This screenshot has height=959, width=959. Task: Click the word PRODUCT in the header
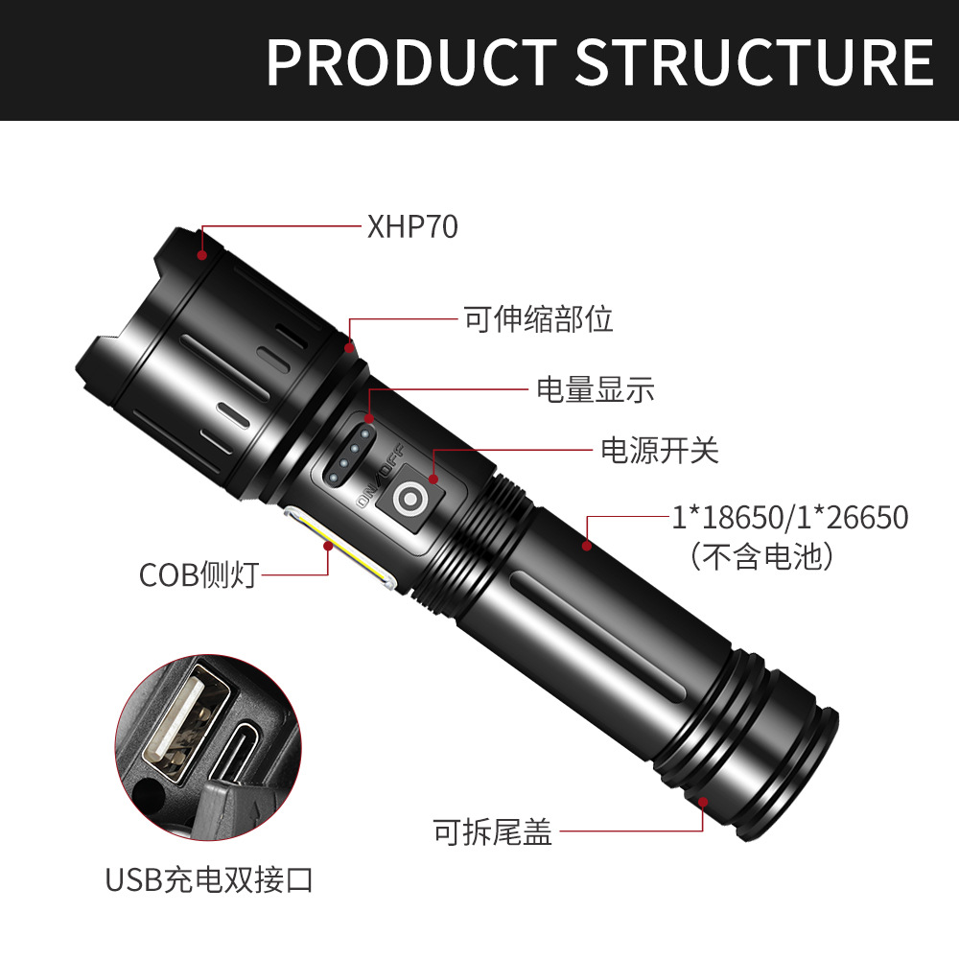tap(411, 61)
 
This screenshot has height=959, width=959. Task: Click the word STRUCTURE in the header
tap(755, 61)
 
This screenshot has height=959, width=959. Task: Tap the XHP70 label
tap(412, 226)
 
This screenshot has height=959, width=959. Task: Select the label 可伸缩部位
tap(538, 318)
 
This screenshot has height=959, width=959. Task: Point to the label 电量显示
tap(596, 389)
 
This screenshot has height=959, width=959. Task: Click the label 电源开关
tap(660, 450)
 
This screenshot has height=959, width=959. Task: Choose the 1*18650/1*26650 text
tap(790, 517)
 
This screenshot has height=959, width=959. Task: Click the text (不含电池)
tap(762, 556)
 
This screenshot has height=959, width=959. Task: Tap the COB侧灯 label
tap(199, 574)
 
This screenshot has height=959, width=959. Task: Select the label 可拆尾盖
tap(493, 831)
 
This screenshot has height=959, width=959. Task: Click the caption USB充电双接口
tap(209, 880)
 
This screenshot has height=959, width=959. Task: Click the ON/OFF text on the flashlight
tap(381, 476)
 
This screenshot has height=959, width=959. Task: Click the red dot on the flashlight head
tap(201, 254)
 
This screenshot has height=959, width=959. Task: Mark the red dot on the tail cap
tap(703, 803)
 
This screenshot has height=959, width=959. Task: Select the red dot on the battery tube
tap(587, 545)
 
